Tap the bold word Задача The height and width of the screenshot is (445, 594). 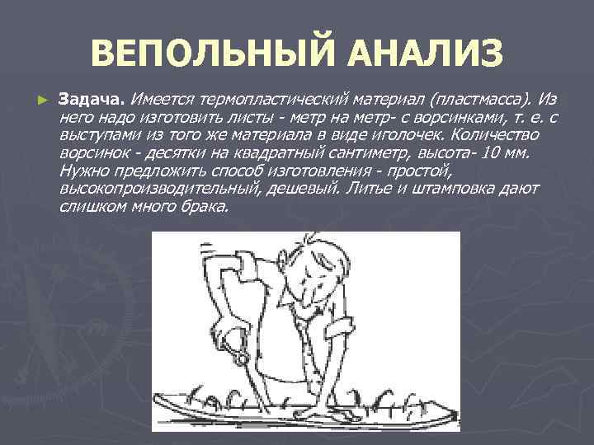click(x=90, y=100)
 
